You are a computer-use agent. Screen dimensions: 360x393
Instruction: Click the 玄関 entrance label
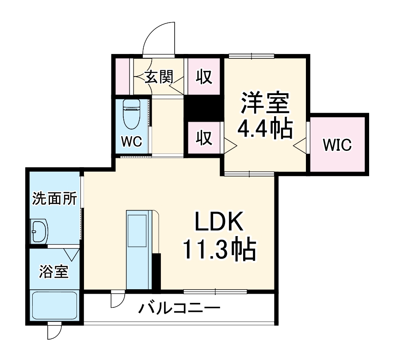[159, 77]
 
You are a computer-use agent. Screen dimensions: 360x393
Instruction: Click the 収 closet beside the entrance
[204, 77]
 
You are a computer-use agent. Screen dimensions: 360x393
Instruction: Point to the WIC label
[337, 145]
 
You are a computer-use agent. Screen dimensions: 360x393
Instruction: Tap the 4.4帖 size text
[264, 129]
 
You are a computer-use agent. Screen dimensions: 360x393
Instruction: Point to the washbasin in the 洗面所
[39, 231]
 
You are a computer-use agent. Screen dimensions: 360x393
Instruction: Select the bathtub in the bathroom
[54, 306]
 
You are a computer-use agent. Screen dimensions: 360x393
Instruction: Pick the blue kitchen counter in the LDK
[138, 250]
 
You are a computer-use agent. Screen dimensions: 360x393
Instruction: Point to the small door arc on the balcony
[116, 299]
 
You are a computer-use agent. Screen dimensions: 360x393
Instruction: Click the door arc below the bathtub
[53, 332]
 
